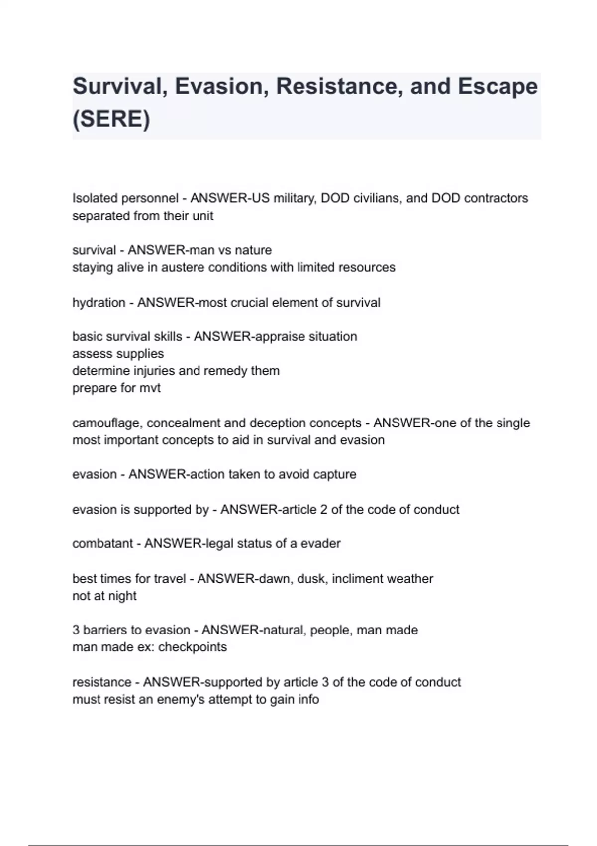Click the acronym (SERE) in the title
(x=111, y=119)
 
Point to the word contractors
(x=496, y=198)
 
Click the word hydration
(x=99, y=303)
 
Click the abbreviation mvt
(x=150, y=388)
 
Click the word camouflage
(x=107, y=423)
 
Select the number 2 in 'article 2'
(x=323, y=510)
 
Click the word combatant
(x=102, y=543)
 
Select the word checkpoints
(x=192, y=647)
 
